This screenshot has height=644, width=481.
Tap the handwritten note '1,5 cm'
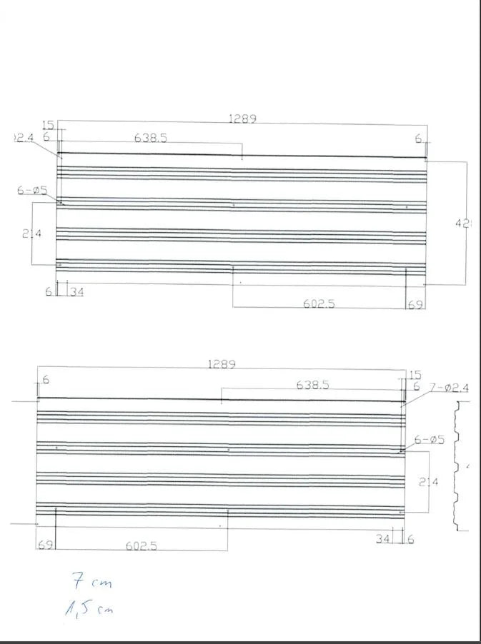[89, 608]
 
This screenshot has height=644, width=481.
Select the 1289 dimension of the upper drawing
[242, 119]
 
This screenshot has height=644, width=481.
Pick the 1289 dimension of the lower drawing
[222, 364]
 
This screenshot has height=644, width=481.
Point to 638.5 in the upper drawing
[151, 138]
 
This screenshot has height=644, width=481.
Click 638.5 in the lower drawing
[312, 385]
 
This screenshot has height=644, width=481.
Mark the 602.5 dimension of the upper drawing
[318, 303]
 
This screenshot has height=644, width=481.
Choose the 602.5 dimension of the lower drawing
[142, 545]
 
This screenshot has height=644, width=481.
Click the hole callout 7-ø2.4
[449, 387]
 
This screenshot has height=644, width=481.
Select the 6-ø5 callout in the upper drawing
[32, 190]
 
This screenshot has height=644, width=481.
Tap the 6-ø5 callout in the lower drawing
[429, 440]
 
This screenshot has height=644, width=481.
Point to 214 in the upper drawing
[31, 233]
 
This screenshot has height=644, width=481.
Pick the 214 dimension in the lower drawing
[427, 482]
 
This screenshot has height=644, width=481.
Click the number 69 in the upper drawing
[415, 305]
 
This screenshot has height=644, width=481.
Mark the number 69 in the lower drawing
[44, 545]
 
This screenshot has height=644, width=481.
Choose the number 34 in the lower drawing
[384, 539]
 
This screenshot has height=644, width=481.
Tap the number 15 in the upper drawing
[48, 126]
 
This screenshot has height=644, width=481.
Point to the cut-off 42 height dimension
[463, 223]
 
